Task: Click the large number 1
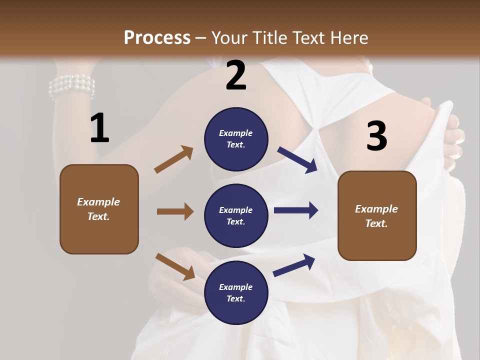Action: point(99,128)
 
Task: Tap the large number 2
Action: point(236,75)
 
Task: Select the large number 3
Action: point(376,136)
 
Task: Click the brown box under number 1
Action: point(99,209)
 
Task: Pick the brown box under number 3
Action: point(377,215)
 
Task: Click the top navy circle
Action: point(236,138)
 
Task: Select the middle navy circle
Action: point(236,215)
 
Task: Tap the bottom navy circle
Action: point(236,292)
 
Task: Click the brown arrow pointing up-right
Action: point(174,159)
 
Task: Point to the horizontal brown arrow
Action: point(175,211)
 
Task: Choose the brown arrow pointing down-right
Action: point(175,266)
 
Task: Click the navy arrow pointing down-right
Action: point(297,159)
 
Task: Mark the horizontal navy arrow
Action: point(296,210)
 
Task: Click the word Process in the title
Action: point(157,37)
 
